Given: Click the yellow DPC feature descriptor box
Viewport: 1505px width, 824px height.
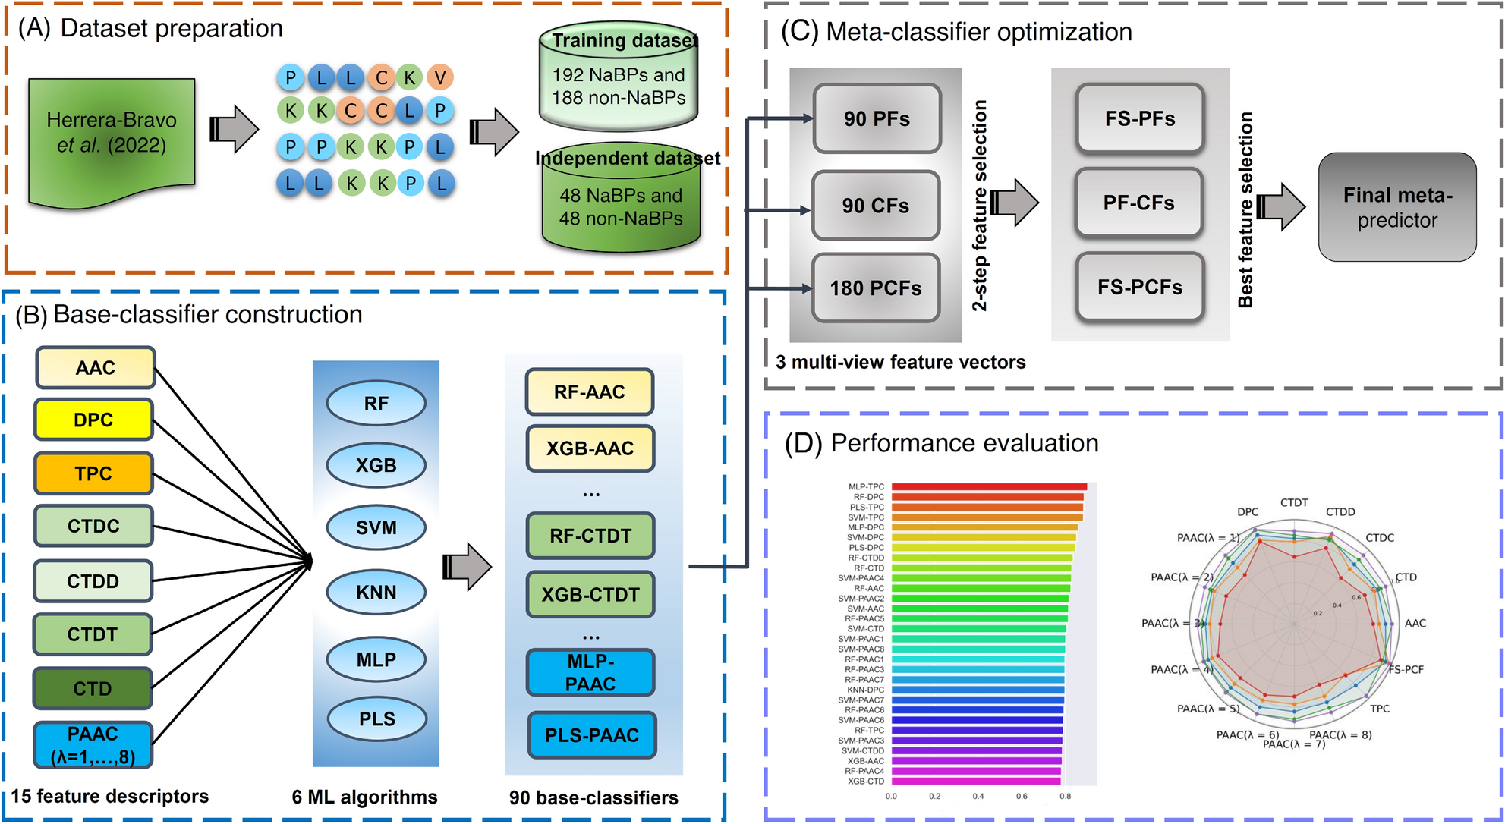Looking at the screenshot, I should (x=93, y=420).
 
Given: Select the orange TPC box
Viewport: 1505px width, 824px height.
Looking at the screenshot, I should (x=93, y=473).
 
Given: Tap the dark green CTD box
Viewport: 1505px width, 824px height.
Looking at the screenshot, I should (x=93, y=688).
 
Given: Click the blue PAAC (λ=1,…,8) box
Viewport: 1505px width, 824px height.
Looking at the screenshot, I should (x=93, y=744).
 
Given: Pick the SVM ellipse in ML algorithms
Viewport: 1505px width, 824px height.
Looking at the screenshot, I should (x=376, y=527).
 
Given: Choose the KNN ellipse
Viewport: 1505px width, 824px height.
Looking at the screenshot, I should (x=376, y=592).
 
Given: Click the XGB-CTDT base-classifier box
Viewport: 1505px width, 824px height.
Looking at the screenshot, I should (x=590, y=594).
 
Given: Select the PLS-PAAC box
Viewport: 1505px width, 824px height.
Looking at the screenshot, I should (x=591, y=734).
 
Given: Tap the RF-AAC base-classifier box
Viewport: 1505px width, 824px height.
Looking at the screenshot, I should (x=589, y=392).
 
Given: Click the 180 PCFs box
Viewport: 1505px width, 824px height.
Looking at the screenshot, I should (x=875, y=288).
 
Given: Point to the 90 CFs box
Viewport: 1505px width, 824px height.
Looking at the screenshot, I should (x=875, y=205).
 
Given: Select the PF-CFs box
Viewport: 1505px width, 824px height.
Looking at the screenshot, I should (x=1138, y=203).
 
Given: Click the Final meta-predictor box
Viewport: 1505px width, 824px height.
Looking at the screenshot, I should (x=1397, y=207).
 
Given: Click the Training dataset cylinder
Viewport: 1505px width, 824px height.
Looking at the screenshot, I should (x=619, y=76).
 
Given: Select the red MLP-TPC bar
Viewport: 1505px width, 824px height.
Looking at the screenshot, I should (x=989, y=487).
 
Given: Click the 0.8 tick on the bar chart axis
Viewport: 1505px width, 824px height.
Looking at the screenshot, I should (x=1066, y=796).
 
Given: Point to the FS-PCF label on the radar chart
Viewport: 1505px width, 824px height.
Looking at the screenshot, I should (x=1406, y=669).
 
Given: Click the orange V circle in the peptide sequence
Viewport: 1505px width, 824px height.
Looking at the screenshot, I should (x=440, y=77).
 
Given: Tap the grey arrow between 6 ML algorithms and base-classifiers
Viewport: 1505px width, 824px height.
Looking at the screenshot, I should (x=467, y=566).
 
